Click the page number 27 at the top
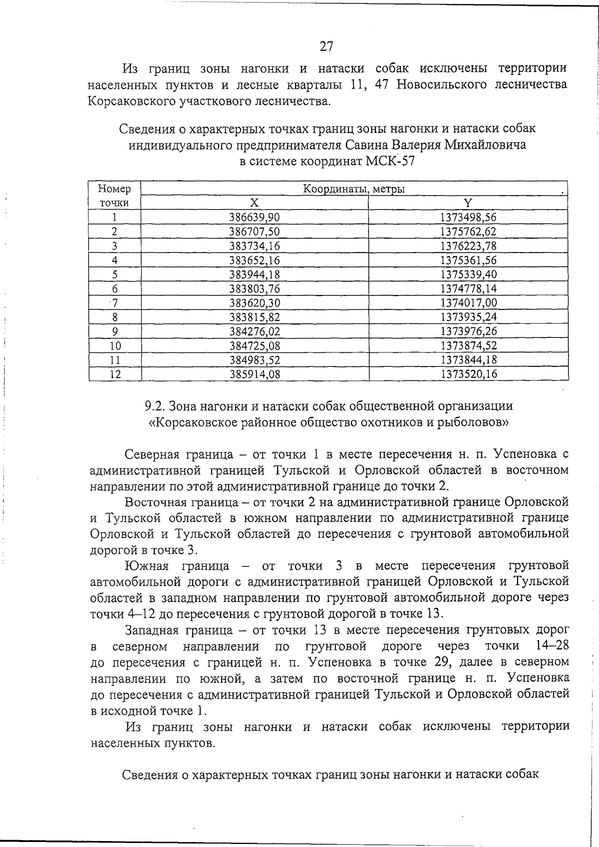point(326,46)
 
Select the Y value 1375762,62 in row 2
point(468,232)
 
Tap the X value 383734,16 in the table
point(255,246)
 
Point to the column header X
point(255,203)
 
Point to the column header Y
point(468,203)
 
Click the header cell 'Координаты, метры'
point(354,189)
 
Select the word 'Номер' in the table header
point(115,189)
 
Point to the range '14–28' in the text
point(552,646)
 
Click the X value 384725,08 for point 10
point(255,346)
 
